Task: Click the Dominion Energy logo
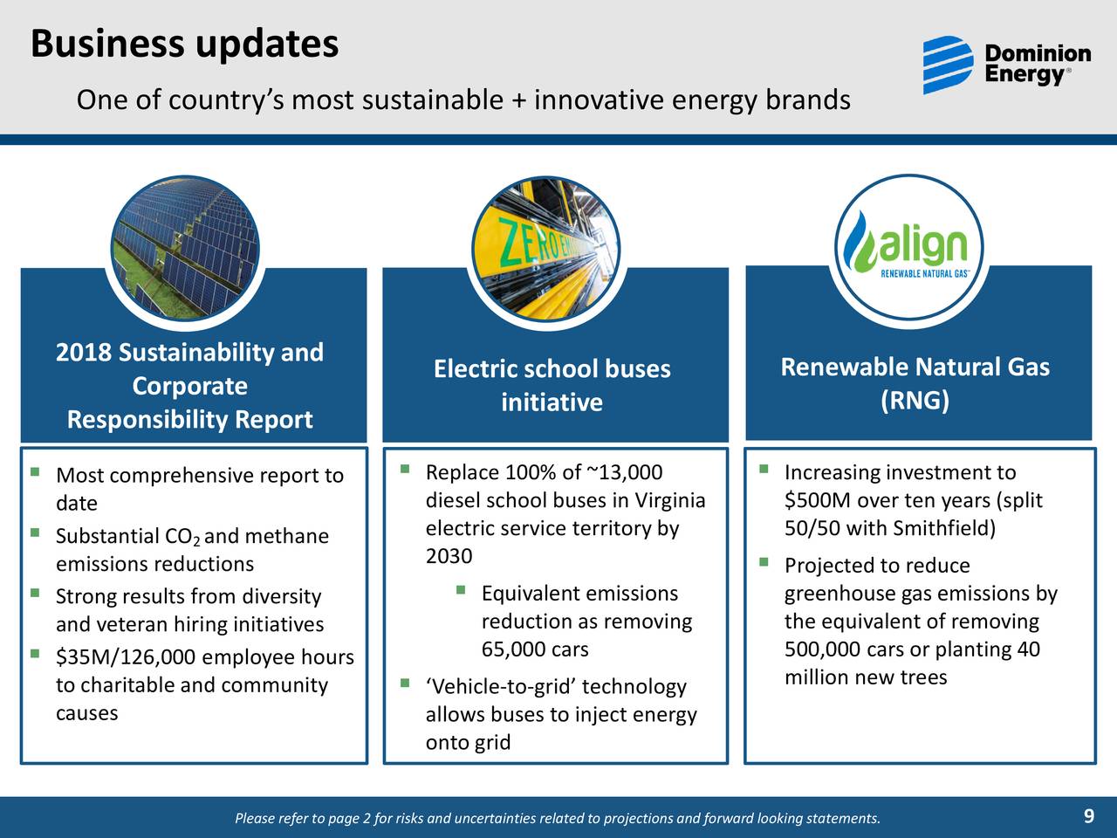[1006, 65]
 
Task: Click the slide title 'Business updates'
[184, 44]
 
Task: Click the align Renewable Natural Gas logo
[909, 247]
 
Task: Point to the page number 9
[1088, 817]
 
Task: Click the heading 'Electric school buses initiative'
[552, 385]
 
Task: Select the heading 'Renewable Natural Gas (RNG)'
[915, 383]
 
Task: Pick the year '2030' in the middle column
[449, 557]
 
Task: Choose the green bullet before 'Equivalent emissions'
[460, 592]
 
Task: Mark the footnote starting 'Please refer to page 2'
[558, 818]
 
